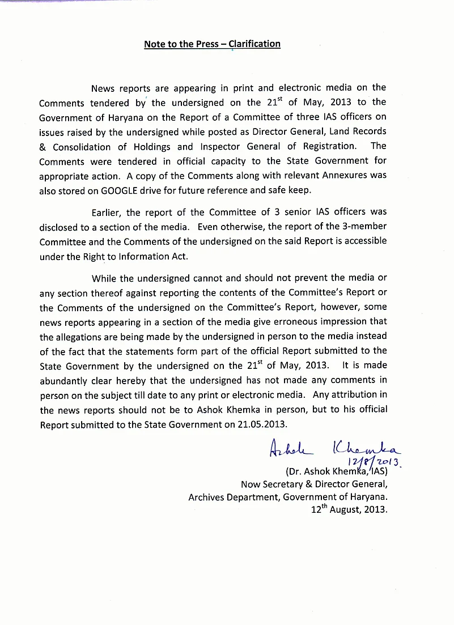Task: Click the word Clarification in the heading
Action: click(253, 44)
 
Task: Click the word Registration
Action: click(324, 146)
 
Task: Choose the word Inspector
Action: click(223, 146)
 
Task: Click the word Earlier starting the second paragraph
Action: click(107, 212)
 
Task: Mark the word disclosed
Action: click(61, 227)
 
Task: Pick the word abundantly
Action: click(66, 380)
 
